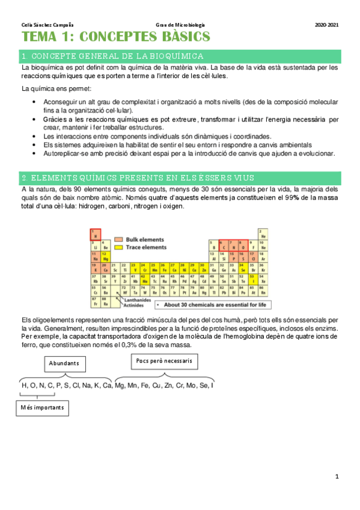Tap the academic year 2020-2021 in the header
pyautogui.click(x=326, y=25)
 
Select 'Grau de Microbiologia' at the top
pyautogui.click(x=180, y=25)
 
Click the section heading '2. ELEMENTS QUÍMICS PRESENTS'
pyautogui.click(x=137, y=178)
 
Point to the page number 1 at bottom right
pyautogui.click(x=337, y=476)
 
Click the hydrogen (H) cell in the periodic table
pyautogui.click(x=95, y=235)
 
